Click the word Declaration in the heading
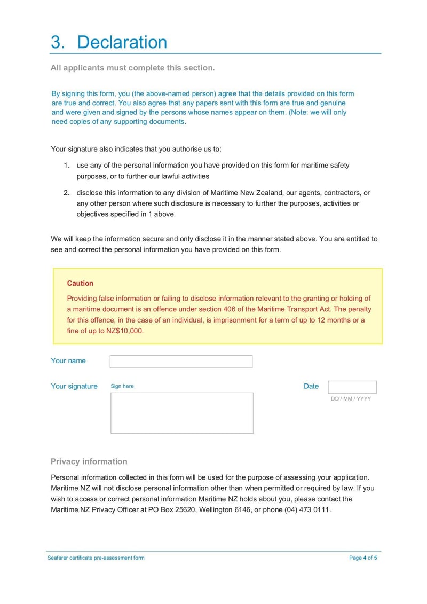point(122,42)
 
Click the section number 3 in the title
point(57,42)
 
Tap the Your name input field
point(181,362)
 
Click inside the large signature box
point(181,413)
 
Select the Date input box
point(352,387)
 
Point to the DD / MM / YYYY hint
point(351,399)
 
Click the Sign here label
point(122,386)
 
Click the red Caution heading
point(80,283)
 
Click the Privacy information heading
point(89,461)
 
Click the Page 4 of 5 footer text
point(363,558)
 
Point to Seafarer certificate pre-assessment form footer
point(96,558)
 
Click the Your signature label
point(74,386)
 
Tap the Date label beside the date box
point(311,386)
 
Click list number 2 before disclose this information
point(67,193)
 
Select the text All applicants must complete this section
point(132,68)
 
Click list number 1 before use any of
point(67,166)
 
